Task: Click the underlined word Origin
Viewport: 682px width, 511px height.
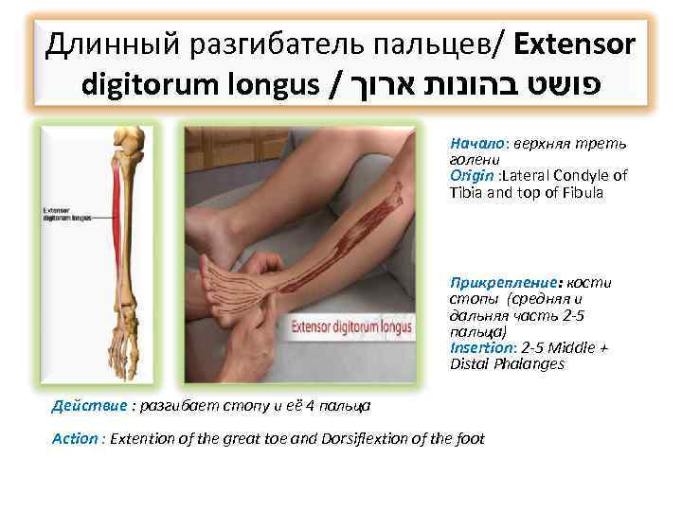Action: click(x=469, y=176)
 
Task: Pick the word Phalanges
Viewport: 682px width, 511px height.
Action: click(x=532, y=363)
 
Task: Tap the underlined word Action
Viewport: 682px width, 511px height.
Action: click(x=75, y=438)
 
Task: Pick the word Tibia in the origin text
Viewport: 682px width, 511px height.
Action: click(x=468, y=192)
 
